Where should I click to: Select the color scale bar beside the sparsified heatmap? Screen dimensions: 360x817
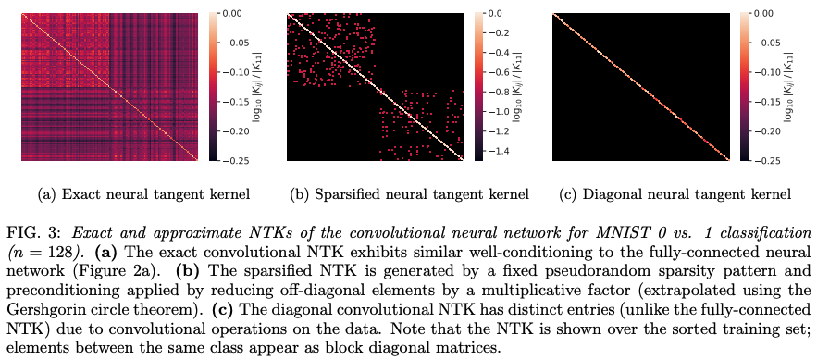(x=477, y=87)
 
